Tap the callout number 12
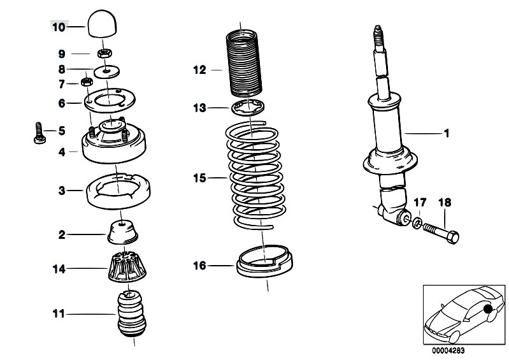tap(199, 70)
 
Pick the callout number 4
tap(62, 152)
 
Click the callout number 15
tap(199, 178)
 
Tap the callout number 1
tap(447, 134)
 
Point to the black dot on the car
tap(489, 310)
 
